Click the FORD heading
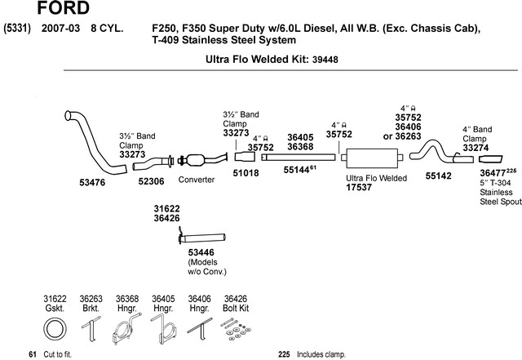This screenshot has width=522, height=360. pyautogui.click(x=63, y=7)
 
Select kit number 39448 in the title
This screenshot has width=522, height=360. pyautogui.click(x=325, y=60)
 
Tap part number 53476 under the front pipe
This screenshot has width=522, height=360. pyautogui.click(x=92, y=182)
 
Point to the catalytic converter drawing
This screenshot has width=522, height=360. pyautogui.click(x=202, y=160)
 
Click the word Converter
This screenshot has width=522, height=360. pyautogui.click(x=196, y=180)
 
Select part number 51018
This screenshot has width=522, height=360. pyautogui.click(x=246, y=173)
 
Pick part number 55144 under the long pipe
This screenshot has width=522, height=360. pyautogui.click(x=296, y=170)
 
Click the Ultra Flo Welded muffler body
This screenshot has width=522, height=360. pyautogui.click(x=372, y=158)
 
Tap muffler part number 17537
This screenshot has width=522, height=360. pyautogui.click(x=359, y=187)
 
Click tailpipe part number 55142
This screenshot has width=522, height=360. pyautogui.click(x=439, y=176)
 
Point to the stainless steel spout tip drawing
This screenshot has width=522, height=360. pyautogui.click(x=491, y=159)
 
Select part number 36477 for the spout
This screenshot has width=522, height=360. pyautogui.click(x=493, y=173)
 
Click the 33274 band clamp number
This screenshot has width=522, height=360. pyautogui.click(x=476, y=148)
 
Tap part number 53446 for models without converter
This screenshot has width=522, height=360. pyautogui.click(x=201, y=252)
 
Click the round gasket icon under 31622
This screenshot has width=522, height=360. pyautogui.click(x=55, y=329)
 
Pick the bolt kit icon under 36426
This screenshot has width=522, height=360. pyautogui.click(x=236, y=330)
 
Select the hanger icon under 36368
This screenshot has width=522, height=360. pyautogui.click(x=126, y=328)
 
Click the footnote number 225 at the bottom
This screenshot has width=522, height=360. pyautogui.click(x=284, y=354)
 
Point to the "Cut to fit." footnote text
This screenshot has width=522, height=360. pyautogui.click(x=58, y=354)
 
